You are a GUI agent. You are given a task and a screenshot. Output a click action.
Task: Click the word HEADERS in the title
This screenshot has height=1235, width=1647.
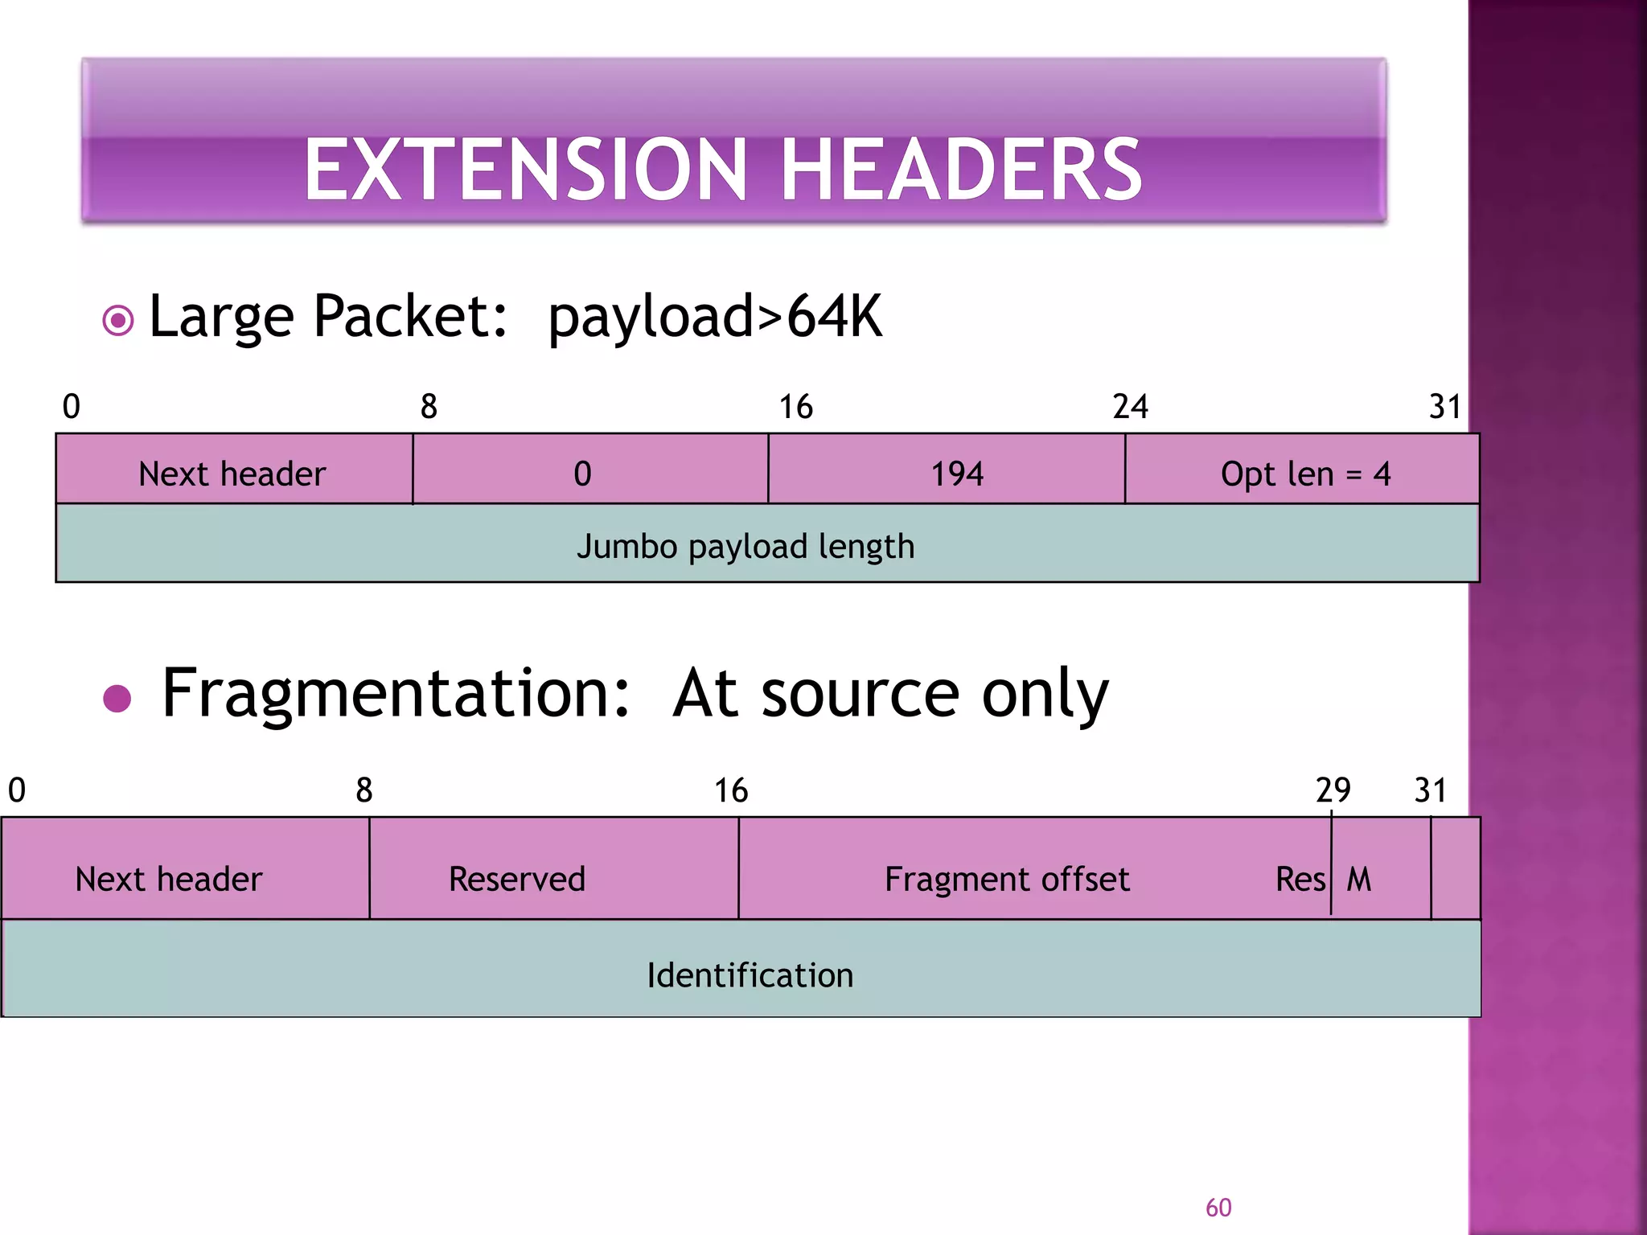tap(960, 170)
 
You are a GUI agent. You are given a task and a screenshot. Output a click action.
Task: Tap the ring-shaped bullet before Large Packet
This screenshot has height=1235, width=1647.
tap(118, 321)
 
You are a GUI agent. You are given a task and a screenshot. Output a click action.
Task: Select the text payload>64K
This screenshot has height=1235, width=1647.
tap(714, 317)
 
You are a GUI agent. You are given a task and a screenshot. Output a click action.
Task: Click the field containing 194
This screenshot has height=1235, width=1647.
tap(956, 474)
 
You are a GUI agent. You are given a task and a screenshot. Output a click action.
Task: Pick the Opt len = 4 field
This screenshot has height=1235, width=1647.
tap(1304, 474)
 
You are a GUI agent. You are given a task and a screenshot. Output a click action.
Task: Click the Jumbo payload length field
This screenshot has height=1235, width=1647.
tap(745, 546)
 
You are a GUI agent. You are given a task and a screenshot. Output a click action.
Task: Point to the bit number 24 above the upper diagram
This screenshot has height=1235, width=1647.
tap(1130, 407)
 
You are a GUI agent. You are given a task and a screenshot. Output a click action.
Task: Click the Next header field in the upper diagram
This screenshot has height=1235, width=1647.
tap(232, 474)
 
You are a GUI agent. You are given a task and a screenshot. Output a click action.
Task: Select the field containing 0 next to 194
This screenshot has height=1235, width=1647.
tap(583, 474)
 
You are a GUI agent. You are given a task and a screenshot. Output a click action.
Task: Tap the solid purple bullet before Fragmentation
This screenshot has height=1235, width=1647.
tap(117, 699)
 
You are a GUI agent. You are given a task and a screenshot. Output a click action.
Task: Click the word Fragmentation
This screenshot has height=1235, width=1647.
tap(396, 693)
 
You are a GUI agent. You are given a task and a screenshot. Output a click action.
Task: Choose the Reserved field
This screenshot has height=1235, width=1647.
tap(517, 879)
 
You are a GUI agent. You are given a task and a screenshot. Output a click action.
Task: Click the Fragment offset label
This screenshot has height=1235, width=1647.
tap(1007, 879)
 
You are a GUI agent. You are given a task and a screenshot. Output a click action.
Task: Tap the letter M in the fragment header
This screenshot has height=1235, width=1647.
tap(1359, 879)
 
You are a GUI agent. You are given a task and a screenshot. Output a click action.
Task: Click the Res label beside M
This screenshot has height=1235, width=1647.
tap(1300, 879)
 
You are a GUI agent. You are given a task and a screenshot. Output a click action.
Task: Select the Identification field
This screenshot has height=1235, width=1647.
tap(750, 974)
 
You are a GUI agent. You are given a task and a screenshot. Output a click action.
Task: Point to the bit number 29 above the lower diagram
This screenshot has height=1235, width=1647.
tap(1333, 790)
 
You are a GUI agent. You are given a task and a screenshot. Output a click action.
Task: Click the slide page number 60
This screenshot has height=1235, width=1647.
tap(1218, 1207)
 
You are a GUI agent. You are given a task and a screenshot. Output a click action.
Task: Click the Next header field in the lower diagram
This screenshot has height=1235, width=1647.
tap(169, 879)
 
